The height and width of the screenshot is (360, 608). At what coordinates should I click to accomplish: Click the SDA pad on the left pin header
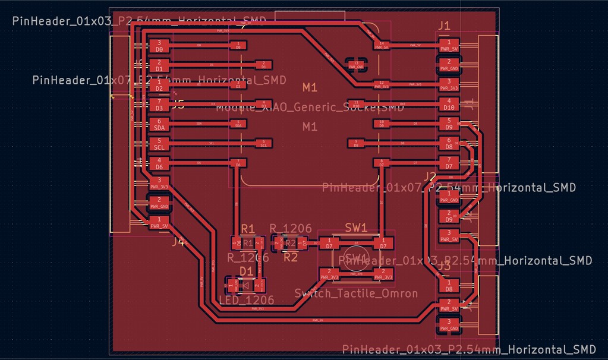point(159,124)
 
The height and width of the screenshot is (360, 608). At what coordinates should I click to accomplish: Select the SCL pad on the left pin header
point(159,144)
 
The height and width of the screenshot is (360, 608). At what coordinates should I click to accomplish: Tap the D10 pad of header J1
point(449,105)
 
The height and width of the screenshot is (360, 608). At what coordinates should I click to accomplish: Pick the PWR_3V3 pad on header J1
point(449,84)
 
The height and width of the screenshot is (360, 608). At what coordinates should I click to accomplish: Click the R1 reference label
point(248,229)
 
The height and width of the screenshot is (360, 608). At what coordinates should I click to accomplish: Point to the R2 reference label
point(290,257)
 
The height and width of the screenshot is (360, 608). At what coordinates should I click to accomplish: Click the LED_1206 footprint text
point(246,300)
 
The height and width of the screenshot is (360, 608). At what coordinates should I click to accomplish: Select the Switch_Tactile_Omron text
point(356,293)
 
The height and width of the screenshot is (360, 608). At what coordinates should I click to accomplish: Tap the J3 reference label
point(444,266)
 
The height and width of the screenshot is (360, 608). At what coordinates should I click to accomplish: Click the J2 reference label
point(430,176)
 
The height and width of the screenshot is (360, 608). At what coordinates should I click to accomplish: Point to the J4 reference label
point(178,242)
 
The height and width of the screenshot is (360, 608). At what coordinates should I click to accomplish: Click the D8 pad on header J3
point(449,286)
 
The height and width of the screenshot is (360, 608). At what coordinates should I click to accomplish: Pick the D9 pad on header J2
point(449,216)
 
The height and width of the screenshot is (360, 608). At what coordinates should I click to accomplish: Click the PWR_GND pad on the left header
point(159,203)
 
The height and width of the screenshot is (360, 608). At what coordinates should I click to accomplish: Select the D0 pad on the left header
point(159,46)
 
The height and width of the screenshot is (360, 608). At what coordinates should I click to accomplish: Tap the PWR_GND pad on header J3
point(449,325)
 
